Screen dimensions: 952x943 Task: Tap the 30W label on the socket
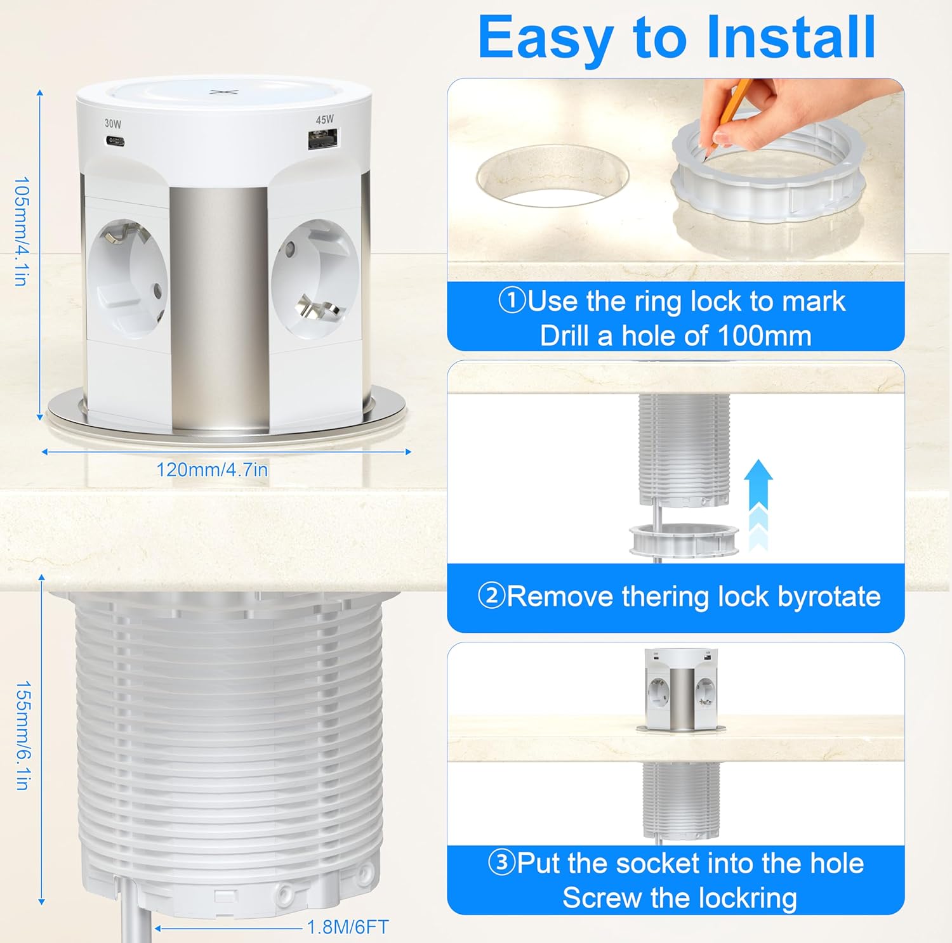coord(113,124)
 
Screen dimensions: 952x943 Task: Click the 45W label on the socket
coord(324,120)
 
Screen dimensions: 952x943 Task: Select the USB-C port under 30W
coord(115,141)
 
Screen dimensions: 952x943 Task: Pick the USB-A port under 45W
coord(323,139)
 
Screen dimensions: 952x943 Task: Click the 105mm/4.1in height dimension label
coord(22,231)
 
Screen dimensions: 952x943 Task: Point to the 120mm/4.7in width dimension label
coord(212,470)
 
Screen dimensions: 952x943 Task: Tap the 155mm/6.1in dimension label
coord(22,736)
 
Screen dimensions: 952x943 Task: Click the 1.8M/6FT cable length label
coord(347,927)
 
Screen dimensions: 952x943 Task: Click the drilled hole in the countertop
coord(552,176)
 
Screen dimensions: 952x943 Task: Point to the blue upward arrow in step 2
coord(757,504)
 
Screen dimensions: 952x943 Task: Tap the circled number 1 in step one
coord(512,301)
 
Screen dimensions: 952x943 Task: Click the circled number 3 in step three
coord(501,862)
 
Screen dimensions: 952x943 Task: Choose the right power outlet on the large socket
coord(315,280)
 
